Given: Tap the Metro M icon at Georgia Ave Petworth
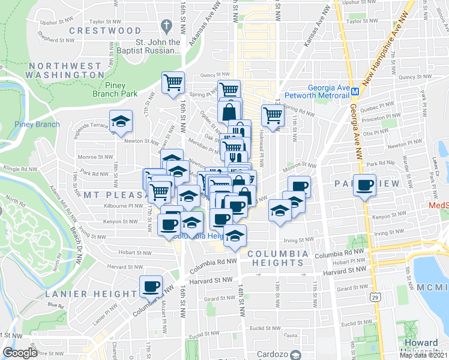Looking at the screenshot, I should tap(355, 92).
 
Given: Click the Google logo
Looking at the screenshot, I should tap(20, 352).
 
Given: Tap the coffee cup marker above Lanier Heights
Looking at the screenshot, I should tap(151, 286).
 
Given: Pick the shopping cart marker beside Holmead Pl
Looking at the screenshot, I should tap(272, 115).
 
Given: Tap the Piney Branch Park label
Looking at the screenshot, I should tap(115, 89).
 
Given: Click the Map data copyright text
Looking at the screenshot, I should tap(423, 355).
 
